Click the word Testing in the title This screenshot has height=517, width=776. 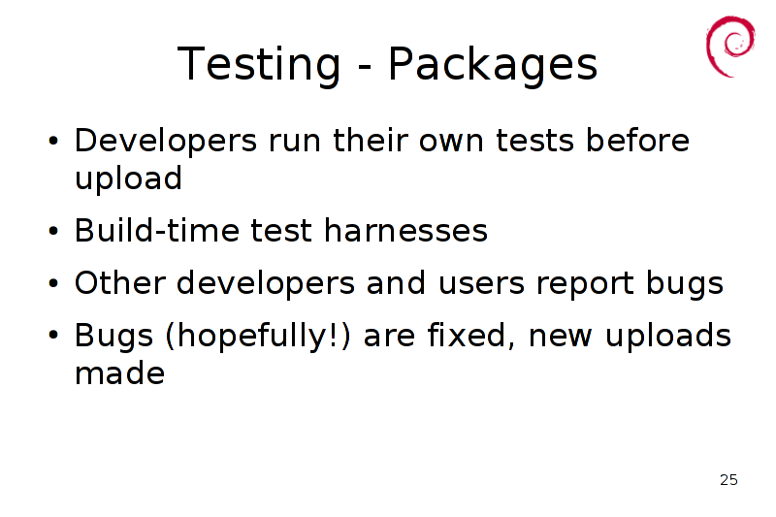tap(259, 64)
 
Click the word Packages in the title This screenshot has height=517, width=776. tap(493, 64)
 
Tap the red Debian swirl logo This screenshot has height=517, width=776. tap(730, 46)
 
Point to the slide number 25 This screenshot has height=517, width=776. tap(728, 480)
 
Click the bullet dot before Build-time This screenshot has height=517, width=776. tap(53, 231)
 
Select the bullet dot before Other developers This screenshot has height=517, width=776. tap(53, 283)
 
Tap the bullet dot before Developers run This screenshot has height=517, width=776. tap(53, 141)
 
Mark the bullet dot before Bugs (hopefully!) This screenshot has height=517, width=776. tap(53, 336)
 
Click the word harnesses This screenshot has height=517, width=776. tap(405, 231)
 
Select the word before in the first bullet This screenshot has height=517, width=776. tap(637, 140)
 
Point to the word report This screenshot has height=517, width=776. tap(585, 284)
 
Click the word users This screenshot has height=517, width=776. tap(481, 283)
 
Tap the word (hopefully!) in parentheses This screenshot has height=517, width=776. tap(258, 336)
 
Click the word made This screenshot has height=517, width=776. tap(119, 373)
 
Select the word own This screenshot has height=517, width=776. tap(451, 142)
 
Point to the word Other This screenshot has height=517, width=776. tap(119, 283)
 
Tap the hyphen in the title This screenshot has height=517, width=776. tap(364, 66)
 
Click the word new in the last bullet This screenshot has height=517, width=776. tap(561, 337)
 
